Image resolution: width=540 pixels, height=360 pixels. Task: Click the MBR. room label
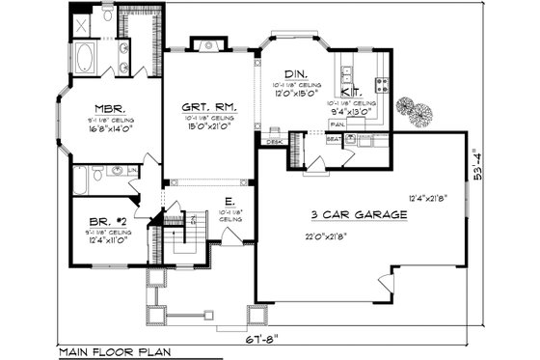106,108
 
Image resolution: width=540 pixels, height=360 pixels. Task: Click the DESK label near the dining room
273,142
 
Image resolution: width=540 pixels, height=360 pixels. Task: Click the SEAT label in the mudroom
333,139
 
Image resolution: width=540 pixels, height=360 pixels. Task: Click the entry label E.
228,201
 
